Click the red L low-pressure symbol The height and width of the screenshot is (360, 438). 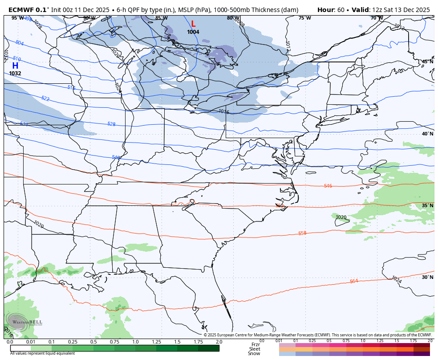click(193, 24)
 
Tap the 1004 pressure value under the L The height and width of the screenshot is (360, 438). click(193, 32)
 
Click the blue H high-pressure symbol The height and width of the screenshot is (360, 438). click(15, 65)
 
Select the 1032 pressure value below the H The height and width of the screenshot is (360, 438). click(15, 74)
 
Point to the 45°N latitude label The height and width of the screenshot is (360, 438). click(427, 62)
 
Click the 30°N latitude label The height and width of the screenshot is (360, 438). click(427, 277)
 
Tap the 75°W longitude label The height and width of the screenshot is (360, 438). click(304, 18)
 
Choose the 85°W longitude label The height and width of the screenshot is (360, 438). click(161, 18)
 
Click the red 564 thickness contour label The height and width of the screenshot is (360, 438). click(354, 281)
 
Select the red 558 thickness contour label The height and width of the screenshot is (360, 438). click(302, 233)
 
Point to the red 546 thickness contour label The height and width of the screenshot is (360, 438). click(328, 186)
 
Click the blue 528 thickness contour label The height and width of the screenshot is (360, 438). click(111, 124)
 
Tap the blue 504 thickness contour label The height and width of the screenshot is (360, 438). click(19, 43)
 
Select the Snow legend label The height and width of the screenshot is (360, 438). click(254, 353)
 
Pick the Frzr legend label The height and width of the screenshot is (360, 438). click(255, 344)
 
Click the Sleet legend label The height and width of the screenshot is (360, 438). click(254, 349)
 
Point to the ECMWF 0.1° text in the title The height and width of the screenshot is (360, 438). click(29, 10)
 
